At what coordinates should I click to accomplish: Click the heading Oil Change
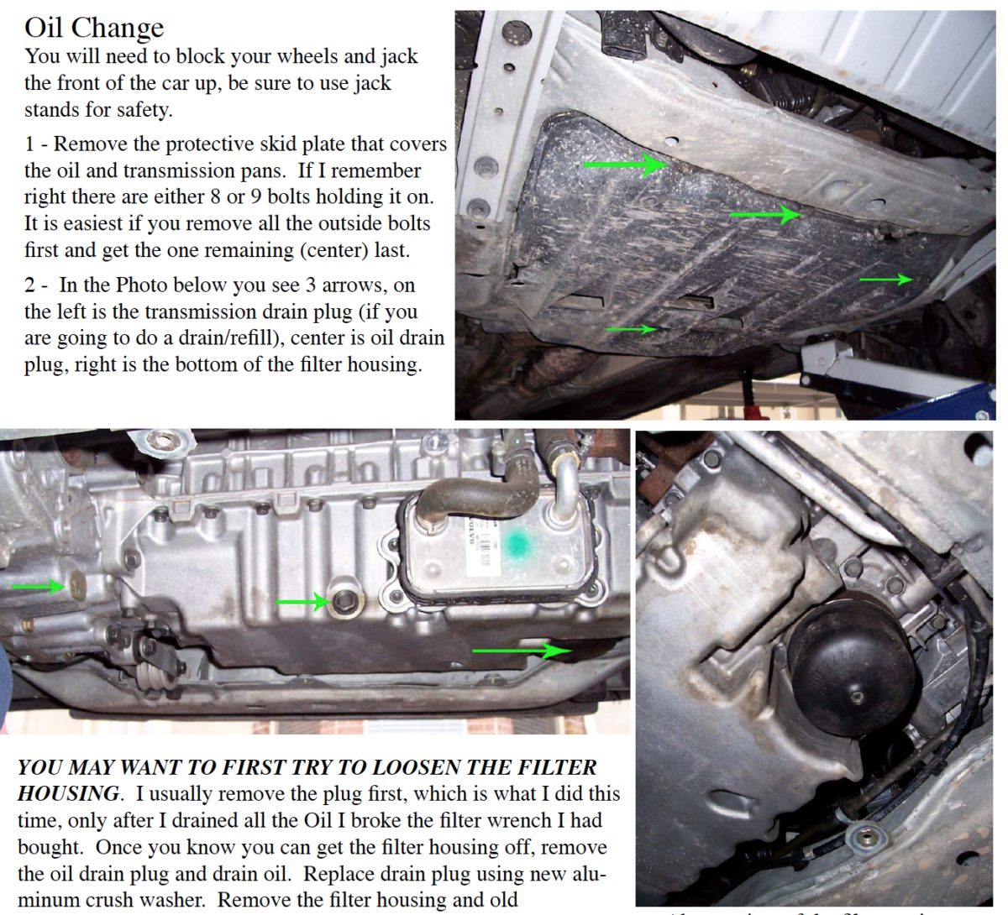coord(94,28)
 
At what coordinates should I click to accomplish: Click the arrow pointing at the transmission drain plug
coord(38,587)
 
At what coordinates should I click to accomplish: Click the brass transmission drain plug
coord(77,586)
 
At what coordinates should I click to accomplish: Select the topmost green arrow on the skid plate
coord(625,165)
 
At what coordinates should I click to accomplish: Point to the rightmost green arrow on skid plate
coord(886,280)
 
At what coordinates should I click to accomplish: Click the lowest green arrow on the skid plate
coord(632,330)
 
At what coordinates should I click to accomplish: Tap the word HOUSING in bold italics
coord(68,794)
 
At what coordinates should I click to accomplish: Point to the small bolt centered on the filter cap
coord(856,696)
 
